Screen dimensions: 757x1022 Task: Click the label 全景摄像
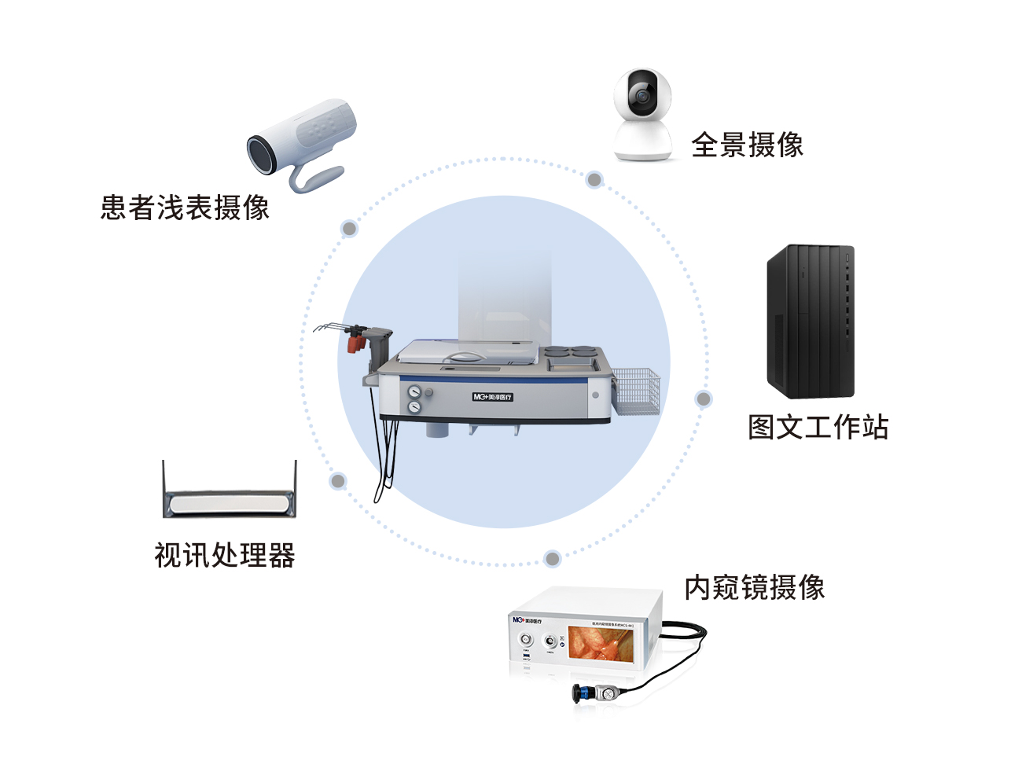pos(747,145)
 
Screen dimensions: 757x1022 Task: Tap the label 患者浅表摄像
pos(185,208)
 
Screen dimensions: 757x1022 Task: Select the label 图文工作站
pos(818,427)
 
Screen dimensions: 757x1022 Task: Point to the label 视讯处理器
pos(225,555)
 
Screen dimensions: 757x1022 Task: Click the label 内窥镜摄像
pos(754,587)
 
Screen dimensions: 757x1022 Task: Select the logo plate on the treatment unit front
pos(492,397)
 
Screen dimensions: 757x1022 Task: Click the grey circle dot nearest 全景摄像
pos(594,180)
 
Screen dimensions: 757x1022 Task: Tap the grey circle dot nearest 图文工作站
pos(704,399)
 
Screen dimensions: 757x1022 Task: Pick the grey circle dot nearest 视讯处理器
pos(338,480)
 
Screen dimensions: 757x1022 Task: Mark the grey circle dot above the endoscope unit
pos(552,559)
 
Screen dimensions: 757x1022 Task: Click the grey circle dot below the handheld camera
pos(349,229)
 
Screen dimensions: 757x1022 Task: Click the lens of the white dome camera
pos(643,95)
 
